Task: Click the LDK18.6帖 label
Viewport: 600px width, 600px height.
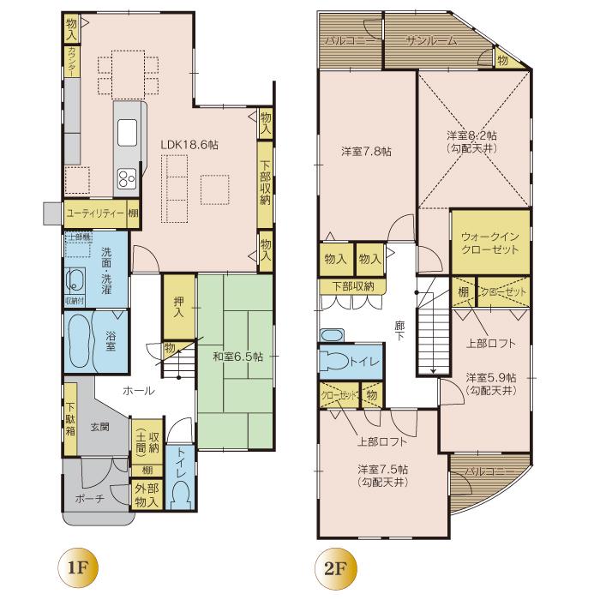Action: coord(189,146)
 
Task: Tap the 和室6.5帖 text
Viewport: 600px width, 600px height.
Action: coord(238,356)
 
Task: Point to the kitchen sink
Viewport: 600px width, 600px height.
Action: coord(127,133)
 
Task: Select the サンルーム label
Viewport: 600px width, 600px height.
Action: coord(432,40)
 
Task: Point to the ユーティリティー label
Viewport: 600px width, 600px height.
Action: coord(93,213)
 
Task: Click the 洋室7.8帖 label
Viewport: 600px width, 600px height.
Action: coord(366,152)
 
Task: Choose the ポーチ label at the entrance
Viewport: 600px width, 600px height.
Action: coord(88,499)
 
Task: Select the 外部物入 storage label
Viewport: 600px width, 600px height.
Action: coord(146,495)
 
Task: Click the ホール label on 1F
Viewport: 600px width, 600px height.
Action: coord(138,390)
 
